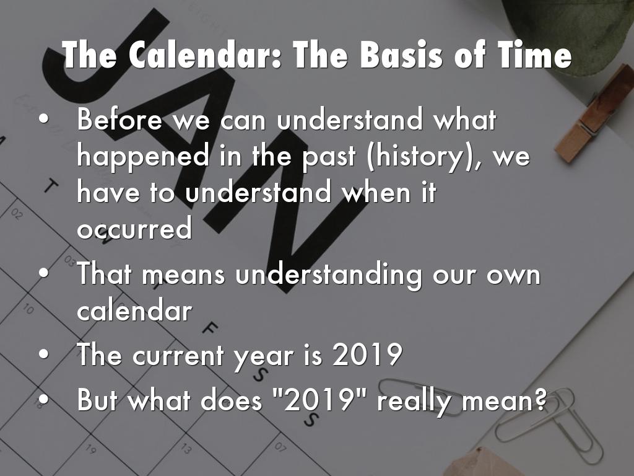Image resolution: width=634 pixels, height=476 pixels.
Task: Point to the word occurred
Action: click(134, 228)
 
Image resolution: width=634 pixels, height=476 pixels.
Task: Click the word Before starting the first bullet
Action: click(119, 119)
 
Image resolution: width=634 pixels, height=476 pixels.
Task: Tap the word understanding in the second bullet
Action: click(328, 275)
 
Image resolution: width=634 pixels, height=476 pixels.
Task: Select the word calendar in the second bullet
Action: click(134, 311)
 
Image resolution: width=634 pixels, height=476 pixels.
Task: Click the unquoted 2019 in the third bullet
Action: click(367, 355)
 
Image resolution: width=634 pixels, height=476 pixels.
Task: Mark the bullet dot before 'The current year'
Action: click(44, 355)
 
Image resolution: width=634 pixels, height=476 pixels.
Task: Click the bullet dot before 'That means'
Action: click(44, 273)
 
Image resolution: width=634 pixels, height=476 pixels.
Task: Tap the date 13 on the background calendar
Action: click(186, 449)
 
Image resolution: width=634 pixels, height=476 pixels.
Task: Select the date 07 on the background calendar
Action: click(280, 447)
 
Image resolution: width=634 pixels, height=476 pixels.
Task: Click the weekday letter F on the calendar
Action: click(210, 328)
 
